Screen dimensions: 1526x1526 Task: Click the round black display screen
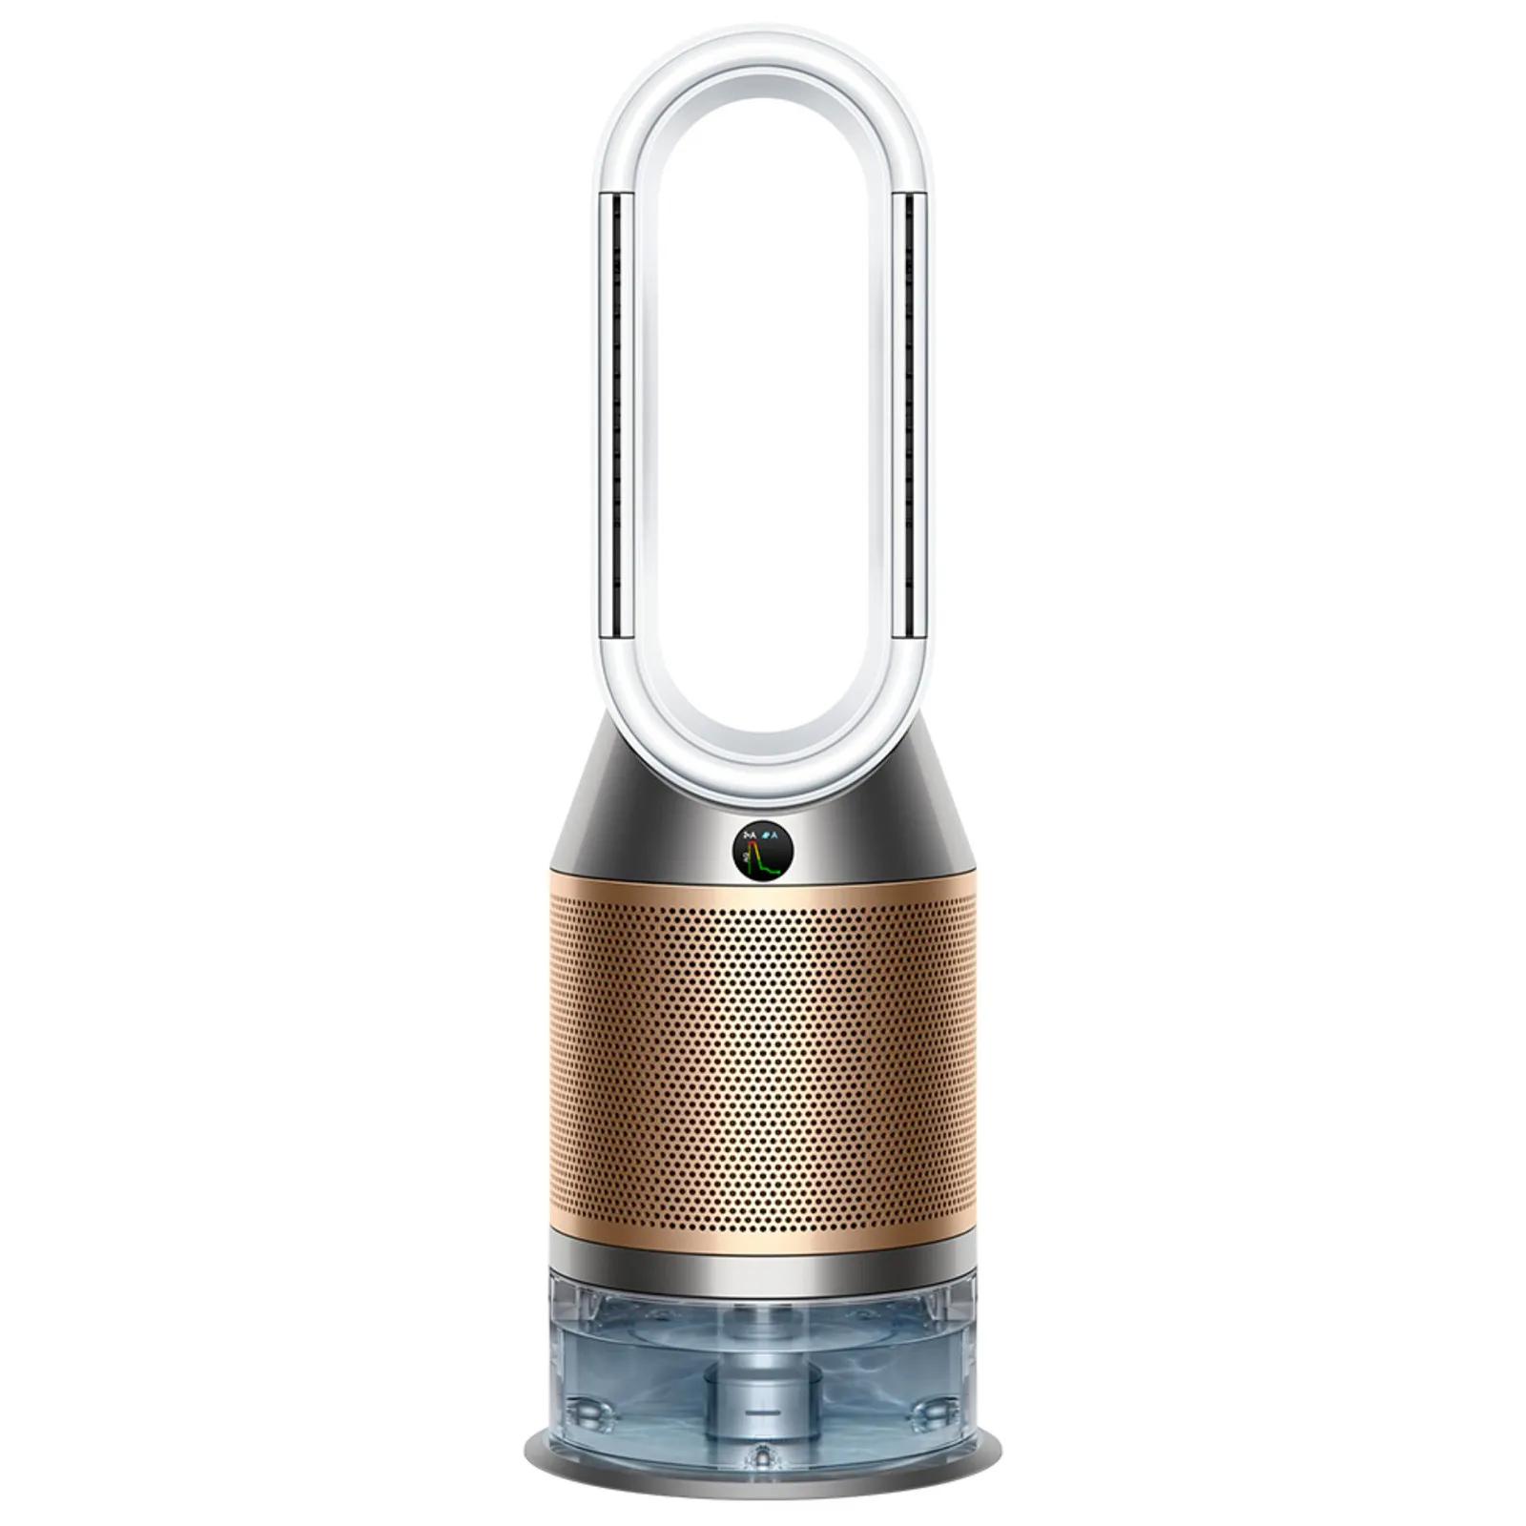pyautogui.click(x=763, y=851)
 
